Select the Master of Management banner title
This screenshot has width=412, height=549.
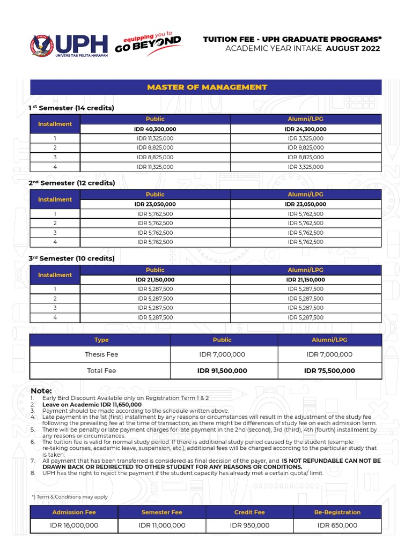click(x=207, y=87)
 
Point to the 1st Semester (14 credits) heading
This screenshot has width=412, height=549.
click(x=71, y=108)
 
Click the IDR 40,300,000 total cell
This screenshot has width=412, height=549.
click(x=155, y=129)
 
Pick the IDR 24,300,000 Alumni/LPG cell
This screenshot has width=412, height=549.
click(x=306, y=129)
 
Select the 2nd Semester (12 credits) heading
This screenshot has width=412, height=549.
click(x=72, y=183)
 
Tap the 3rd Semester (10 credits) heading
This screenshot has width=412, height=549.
click(x=71, y=258)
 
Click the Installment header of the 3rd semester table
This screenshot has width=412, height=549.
click(x=55, y=275)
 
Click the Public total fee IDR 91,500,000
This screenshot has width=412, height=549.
click(x=222, y=370)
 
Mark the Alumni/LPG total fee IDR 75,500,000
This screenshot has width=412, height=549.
click(x=329, y=370)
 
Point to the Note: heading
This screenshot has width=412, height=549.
click(x=41, y=391)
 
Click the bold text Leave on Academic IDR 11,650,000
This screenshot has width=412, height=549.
click(x=92, y=405)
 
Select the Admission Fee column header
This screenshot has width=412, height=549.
click(x=74, y=512)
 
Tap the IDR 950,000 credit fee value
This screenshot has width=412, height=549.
click(x=249, y=525)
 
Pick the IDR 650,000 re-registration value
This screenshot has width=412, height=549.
click(x=337, y=525)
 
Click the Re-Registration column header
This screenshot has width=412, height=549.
click(x=337, y=512)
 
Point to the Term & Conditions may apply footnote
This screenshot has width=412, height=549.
click(x=70, y=496)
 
